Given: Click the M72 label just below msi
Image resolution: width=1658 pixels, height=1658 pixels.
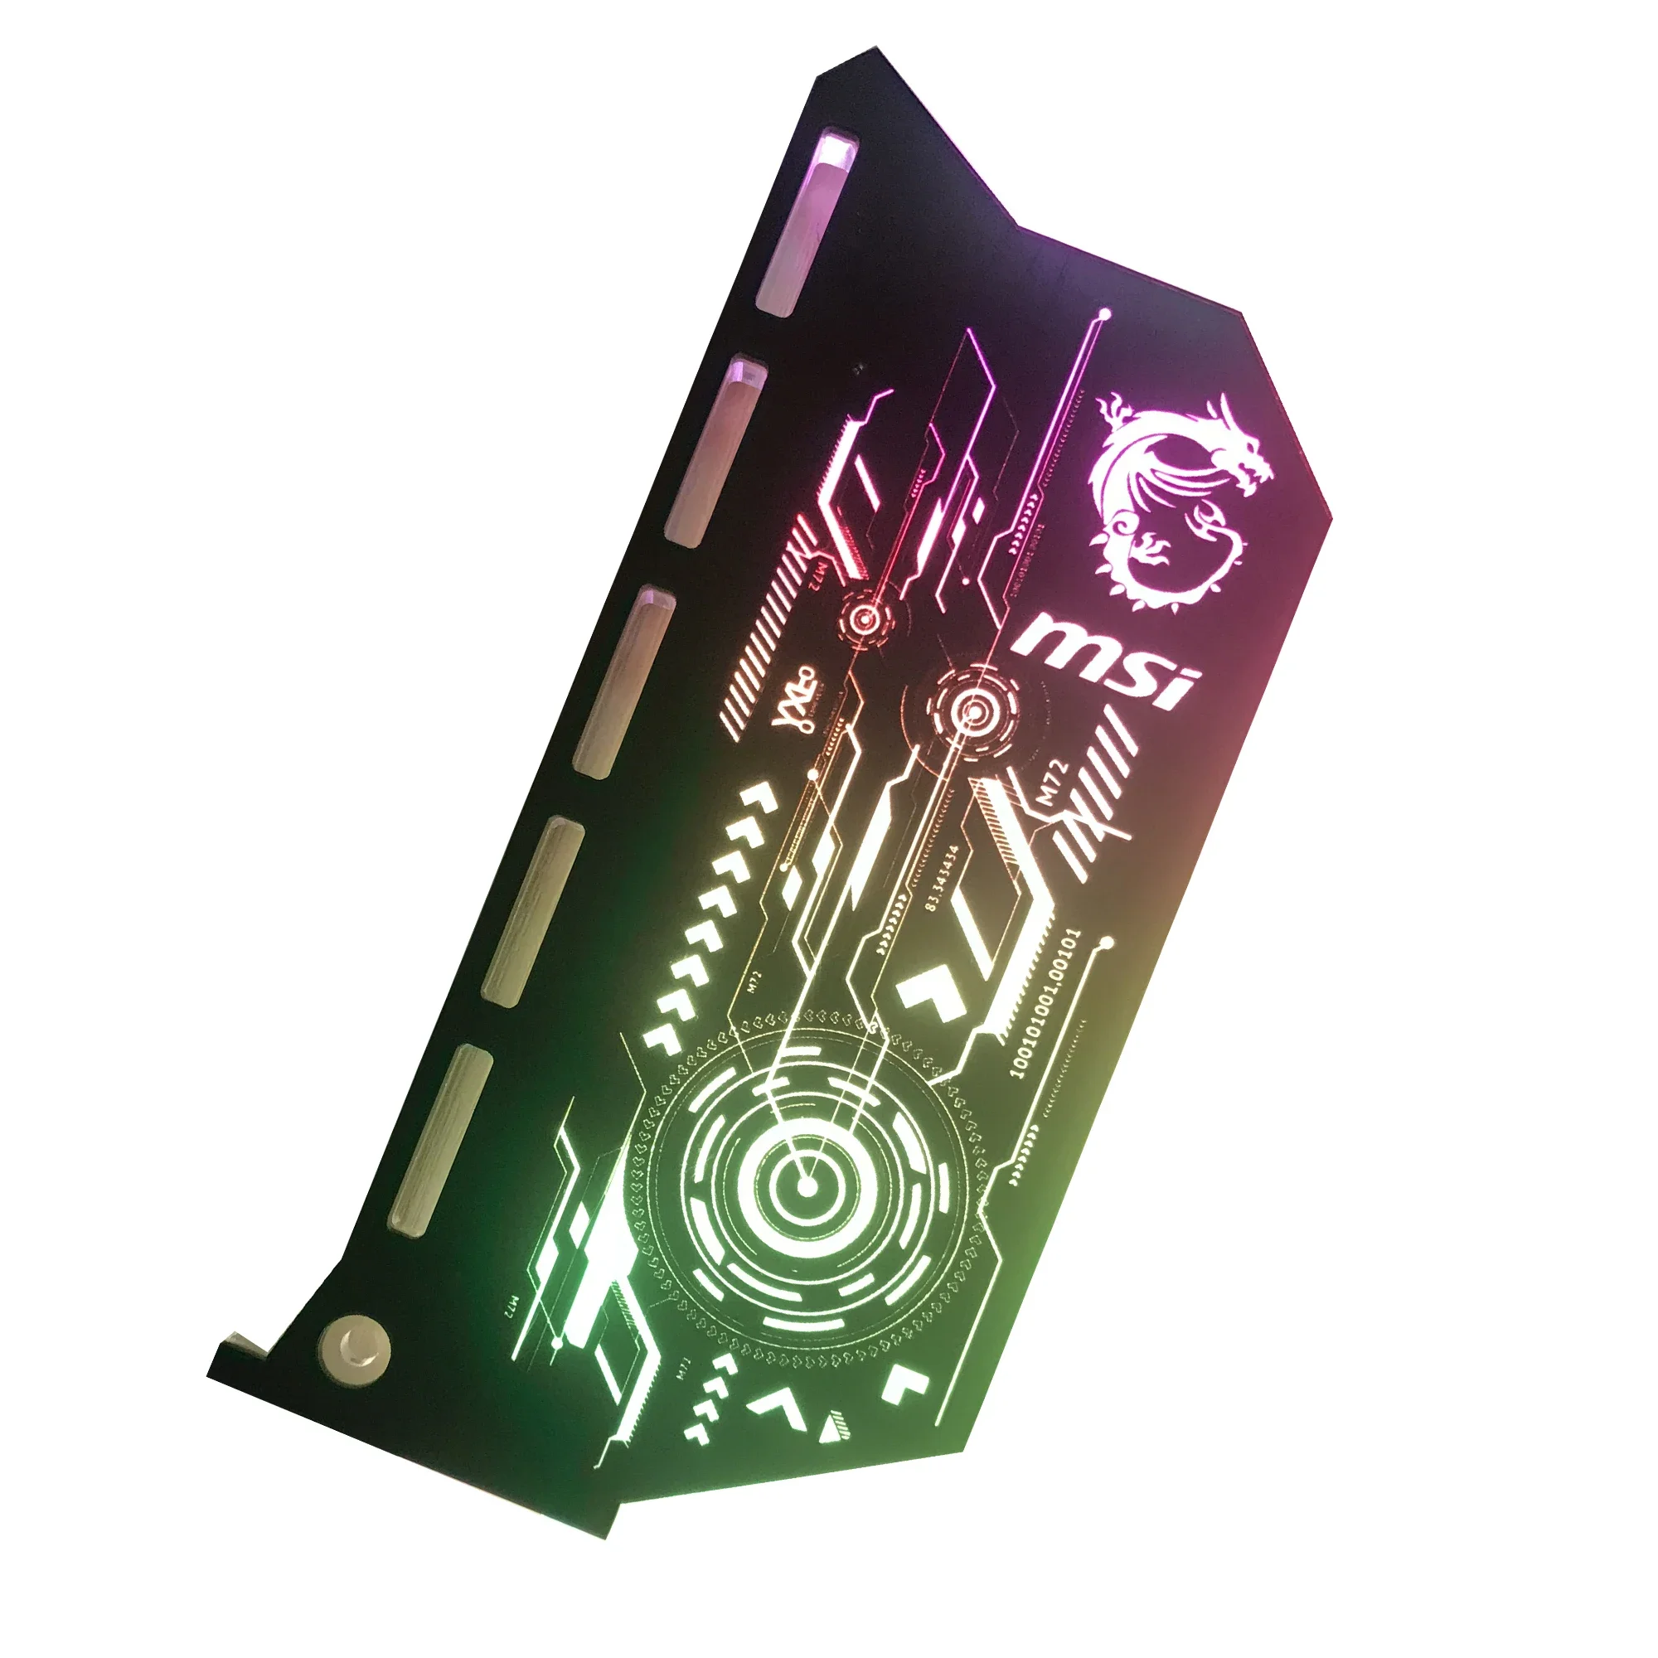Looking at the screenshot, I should (x=1053, y=782).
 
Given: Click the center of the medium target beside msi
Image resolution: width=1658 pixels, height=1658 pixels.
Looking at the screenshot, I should (x=973, y=710).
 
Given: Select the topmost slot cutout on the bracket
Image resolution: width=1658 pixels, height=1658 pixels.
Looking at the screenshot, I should (x=807, y=223).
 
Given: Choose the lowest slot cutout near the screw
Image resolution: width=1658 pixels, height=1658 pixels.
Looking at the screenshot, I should (x=440, y=1140).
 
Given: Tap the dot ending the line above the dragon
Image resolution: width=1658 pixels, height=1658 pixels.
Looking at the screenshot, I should (x=1105, y=315).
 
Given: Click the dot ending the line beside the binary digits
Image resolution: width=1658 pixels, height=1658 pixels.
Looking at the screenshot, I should (x=1107, y=943).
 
